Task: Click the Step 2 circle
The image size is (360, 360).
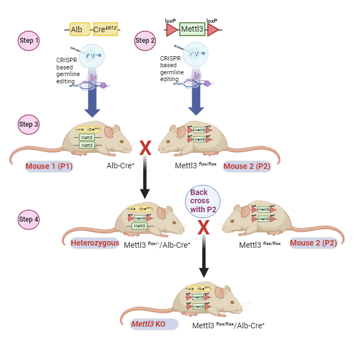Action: [x=146, y=41]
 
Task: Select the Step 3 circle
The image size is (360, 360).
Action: [x=29, y=124]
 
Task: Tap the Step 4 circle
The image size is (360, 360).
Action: [x=29, y=219]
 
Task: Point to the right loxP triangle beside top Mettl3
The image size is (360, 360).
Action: [x=213, y=30]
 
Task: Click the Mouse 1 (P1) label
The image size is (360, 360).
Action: [x=49, y=166]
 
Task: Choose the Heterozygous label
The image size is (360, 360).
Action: [x=95, y=243]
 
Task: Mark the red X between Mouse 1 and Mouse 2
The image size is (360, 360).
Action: [x=145, y=148]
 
